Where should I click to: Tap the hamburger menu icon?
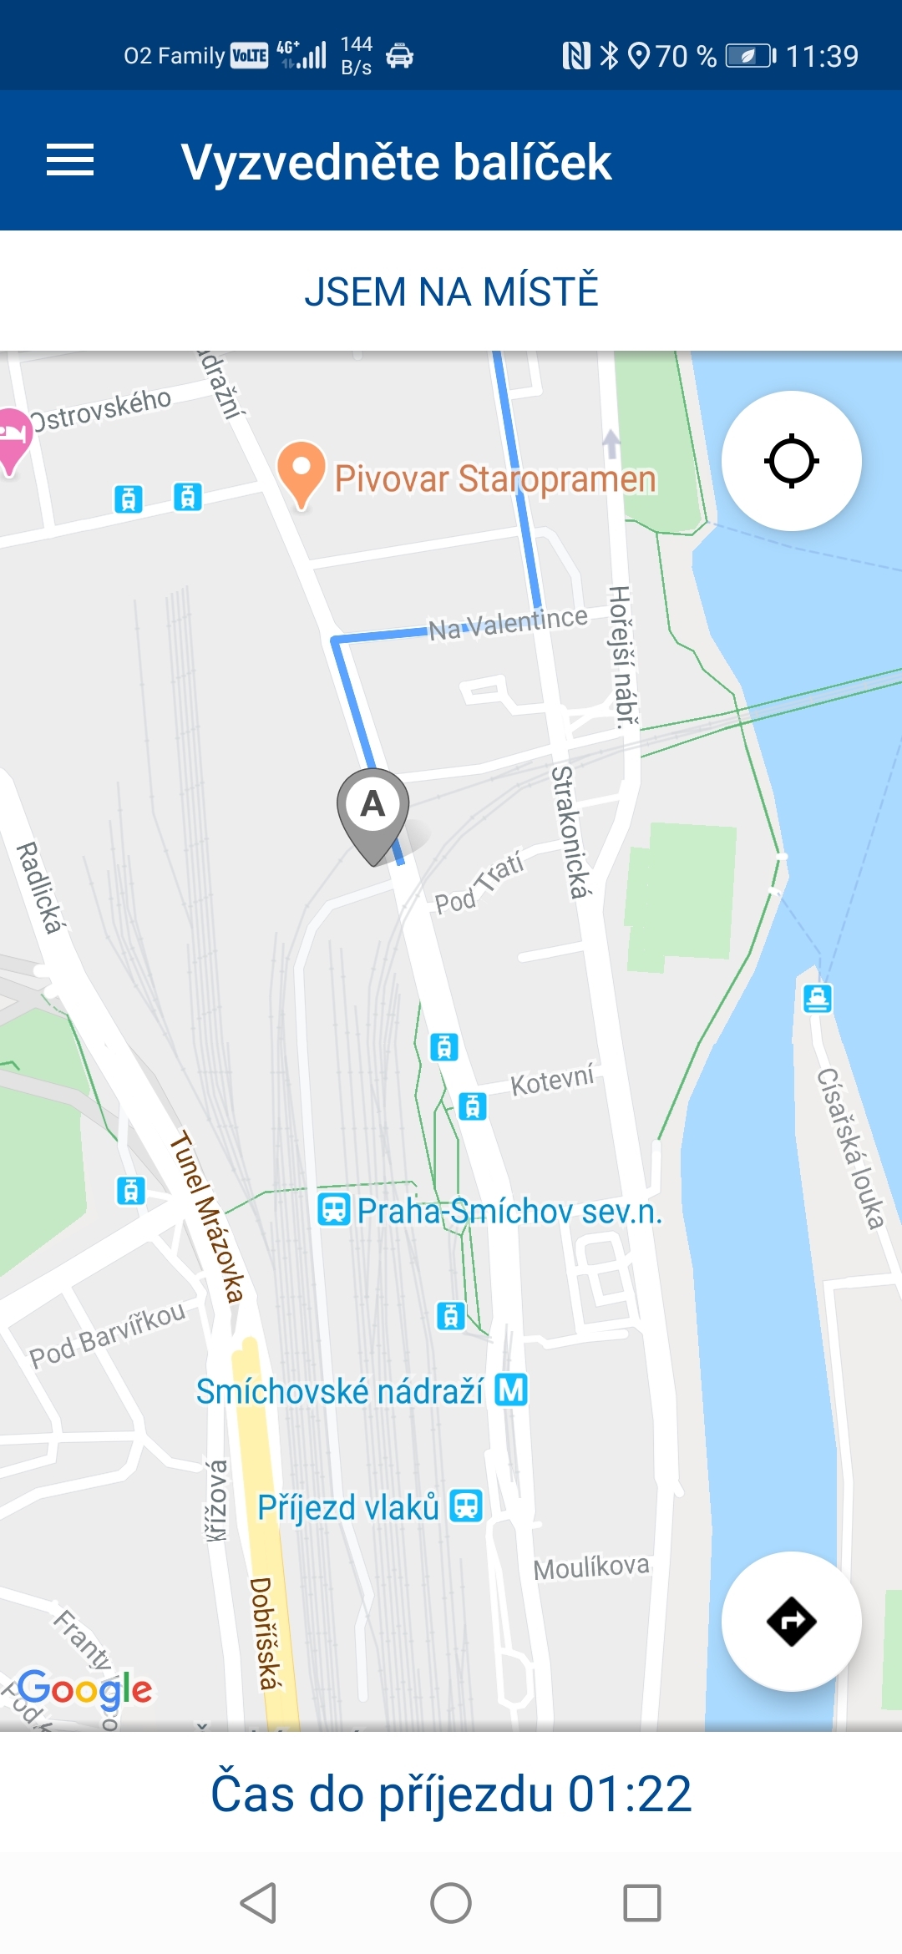tap(70, 160)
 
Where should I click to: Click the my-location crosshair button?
tap(791, 461)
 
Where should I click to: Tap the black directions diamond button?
tap(791, 1622)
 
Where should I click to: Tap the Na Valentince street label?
tap(508, 623)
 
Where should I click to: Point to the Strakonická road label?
tap(570, 832)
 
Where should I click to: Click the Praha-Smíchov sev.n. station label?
tap(509, 1211)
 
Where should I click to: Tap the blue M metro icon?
tap(511, 1390)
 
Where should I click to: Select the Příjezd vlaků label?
tap(348, 1507)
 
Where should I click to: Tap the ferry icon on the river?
tap(818, 998)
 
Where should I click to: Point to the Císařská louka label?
tap(850, 1149)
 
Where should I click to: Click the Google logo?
tap(84, 1688)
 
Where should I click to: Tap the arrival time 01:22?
tap(630, 1794)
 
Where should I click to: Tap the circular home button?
tap(451, 1903)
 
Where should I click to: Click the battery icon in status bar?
tap(749, 56)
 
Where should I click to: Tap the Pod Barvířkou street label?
tap(108, 1334)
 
